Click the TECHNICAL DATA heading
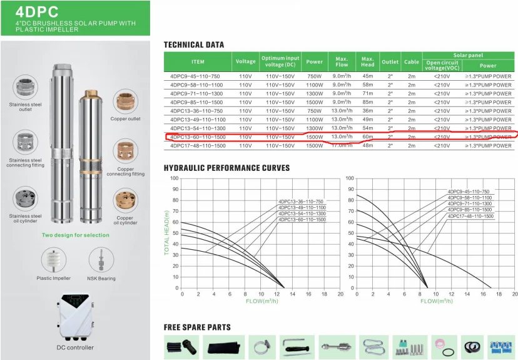193,45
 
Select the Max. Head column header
367,61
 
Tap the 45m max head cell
367,76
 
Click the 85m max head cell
367,102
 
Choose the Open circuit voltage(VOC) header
442,65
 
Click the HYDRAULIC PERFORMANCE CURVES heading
226,168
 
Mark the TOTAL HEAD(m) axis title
167,234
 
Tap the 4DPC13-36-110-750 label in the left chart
302,202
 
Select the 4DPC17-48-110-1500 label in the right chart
470,216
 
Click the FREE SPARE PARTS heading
197,327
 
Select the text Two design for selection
75,235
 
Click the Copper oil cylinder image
124,202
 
